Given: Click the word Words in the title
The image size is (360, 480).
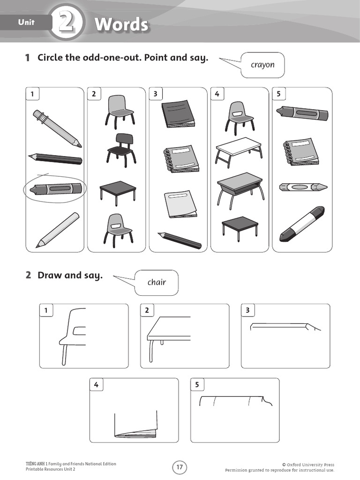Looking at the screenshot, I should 121,24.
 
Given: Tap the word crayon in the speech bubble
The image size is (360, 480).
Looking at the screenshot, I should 262,65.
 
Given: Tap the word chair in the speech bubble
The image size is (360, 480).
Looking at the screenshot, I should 157,282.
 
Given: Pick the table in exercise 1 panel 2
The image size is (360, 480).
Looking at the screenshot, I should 118,191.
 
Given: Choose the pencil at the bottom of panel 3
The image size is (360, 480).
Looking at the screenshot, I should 180,240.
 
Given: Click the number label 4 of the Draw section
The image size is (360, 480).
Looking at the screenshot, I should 96,385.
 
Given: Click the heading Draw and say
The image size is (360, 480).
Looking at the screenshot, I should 70,275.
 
